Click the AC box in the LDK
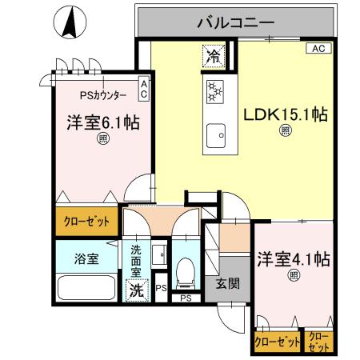[316, 48]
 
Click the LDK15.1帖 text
[285, 114]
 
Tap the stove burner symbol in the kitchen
[214, 93]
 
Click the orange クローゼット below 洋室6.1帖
[86, 222]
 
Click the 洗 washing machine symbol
[137, 290]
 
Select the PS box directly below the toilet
[186, 298]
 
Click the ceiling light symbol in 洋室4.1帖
[294, 276]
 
